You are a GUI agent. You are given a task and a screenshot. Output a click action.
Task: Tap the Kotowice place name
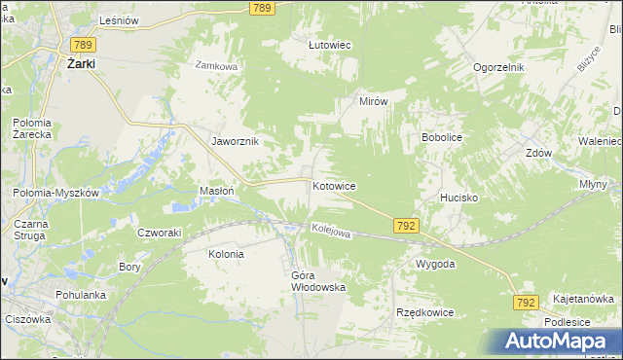(334, 186)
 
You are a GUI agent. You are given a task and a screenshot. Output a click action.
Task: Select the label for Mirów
(374, 101)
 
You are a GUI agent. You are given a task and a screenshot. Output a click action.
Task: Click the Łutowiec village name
(329, 45)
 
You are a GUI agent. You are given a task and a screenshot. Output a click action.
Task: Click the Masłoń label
(216, 191)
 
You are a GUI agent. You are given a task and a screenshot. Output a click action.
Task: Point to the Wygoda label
(435, 264)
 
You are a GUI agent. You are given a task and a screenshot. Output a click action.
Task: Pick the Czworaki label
(160, 232)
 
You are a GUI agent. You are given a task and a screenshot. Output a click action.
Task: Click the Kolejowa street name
(330, 231)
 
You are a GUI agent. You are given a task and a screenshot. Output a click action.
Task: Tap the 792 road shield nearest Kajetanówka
(526, 304)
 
